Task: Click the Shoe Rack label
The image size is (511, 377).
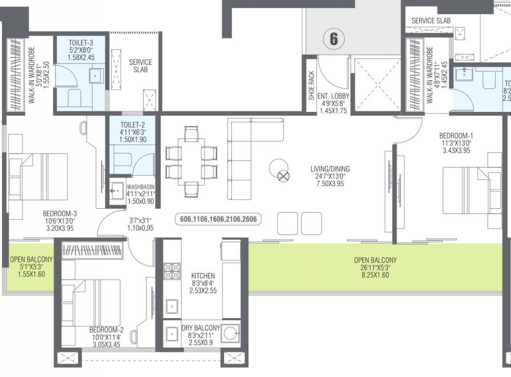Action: coord(311,87)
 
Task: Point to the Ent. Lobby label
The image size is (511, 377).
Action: coord(333,96)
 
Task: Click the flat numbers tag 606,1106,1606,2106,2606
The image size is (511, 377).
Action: coord(218,220)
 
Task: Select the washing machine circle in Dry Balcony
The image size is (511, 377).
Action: coord(229,335)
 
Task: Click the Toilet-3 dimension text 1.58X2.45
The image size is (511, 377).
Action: coord(81,58)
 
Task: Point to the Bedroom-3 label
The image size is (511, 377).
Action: coord(59,214)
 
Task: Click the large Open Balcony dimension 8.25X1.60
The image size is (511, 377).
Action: coord(375,275)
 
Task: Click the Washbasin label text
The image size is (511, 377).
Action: coord(141,187)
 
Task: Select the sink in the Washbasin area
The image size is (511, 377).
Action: coord(117,189)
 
